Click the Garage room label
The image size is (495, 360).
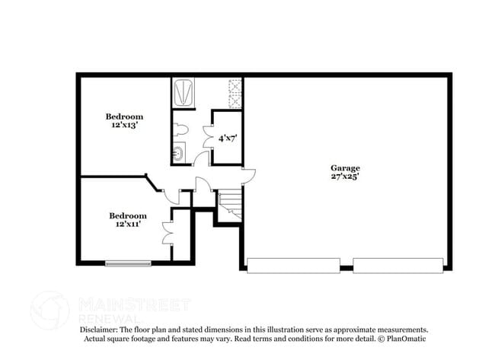tap(345, 168)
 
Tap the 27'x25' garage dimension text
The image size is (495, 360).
tap(345, 177)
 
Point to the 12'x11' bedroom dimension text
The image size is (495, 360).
tap(128, 225)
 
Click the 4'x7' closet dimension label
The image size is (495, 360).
tap(227, 139)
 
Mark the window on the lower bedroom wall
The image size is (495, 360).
tap(128, 264)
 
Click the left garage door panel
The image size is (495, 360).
tap(293, 266)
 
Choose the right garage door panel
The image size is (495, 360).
tap(398, 266)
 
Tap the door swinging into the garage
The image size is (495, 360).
tap(248, 177)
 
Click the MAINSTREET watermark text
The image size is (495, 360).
tap(134, 304)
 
